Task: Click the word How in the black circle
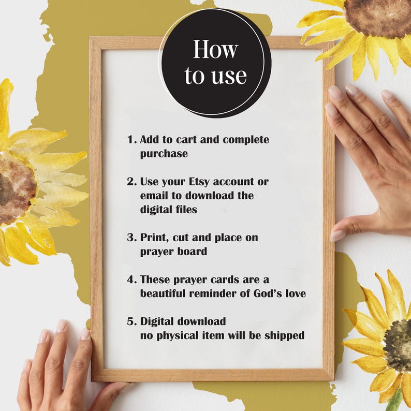pyautogui.click(x=215, y=49)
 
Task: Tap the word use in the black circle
pyautogui.click(x=229, y=76)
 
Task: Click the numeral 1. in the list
pyautogui.click(x=132, y=139)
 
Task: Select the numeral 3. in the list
pyautogui.click(x=132, y=238)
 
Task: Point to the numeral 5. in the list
pyautogui.click(x=132, y=321)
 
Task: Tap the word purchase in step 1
pyautogui.click(x=164, y=154)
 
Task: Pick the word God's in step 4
pyautogui.click(x=268, y=293)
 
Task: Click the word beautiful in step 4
pyautogui.click(x=163, y=293)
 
